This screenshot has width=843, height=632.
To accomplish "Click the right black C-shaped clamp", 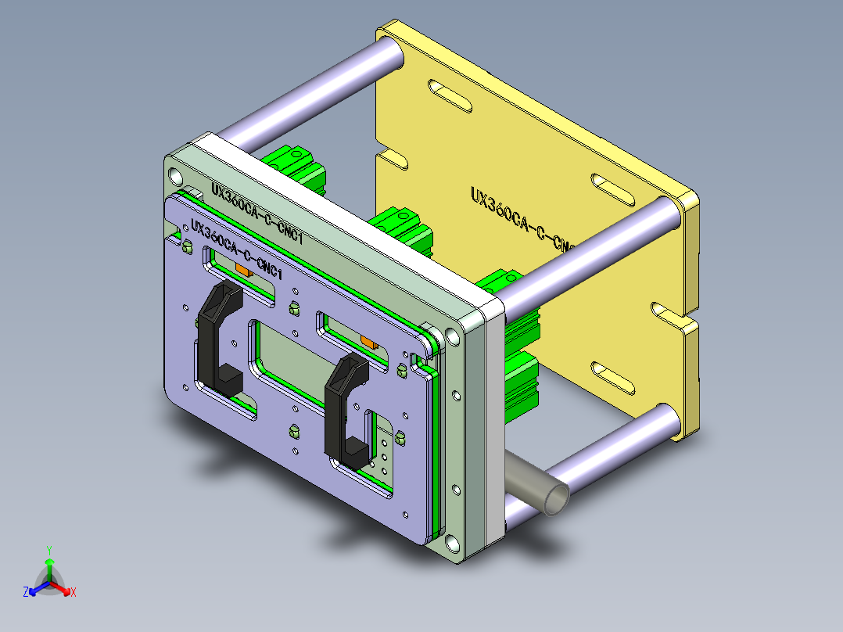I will tap(344, 407).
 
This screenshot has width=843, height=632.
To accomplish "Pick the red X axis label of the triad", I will tap(73, 593).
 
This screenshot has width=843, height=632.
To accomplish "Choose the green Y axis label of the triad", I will tap(48, 550).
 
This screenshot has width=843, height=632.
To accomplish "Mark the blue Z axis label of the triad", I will tap(26, 593).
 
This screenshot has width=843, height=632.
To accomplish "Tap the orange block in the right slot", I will tap(368, 341).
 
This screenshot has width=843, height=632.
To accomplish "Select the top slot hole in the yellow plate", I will tap(450, 93).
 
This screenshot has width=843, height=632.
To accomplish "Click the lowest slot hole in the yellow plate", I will tap(613, 377).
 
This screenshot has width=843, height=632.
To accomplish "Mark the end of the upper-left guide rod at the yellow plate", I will tap(390, 52).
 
